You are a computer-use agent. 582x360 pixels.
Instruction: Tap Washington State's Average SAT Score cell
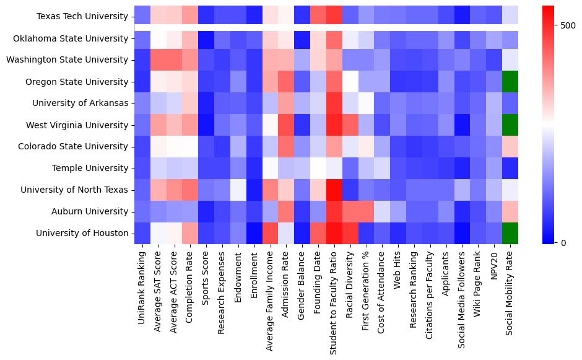159,60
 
